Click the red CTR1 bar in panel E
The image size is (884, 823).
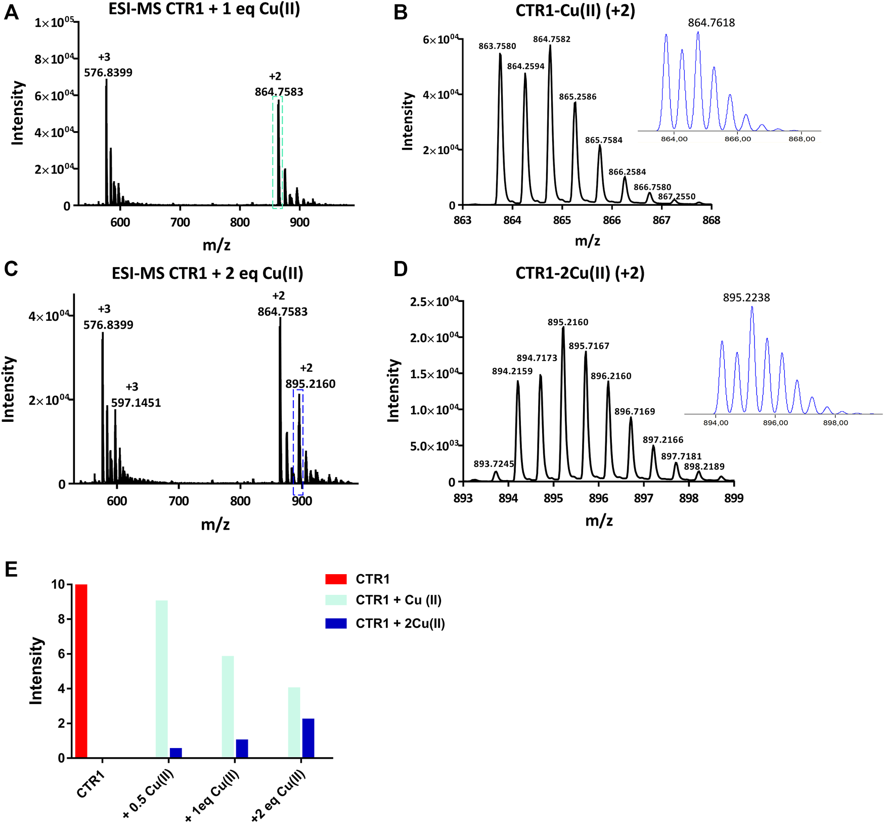click(x=81, y=671)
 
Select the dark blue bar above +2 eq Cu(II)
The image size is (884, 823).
click(x=308, y=738)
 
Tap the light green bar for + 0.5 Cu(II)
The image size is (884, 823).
click(x=162, y=679)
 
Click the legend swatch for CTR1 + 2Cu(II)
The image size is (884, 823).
click(x=336, y=623)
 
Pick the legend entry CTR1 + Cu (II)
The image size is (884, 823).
click(x=398, y=600)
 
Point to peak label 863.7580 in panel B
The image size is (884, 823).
click(x=497, y=46)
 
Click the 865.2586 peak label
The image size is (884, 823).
click(x=578, y=97)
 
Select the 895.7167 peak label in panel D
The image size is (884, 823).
click(x=589, y=346)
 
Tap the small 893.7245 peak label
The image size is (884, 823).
click(x=494, y=464)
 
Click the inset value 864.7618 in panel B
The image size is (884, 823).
click(x=711, y=23)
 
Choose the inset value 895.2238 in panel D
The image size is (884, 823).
click(x=746, y=297)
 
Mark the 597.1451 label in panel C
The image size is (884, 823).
click(x=136, y=403)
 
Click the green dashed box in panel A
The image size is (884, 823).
click(x=278, y=152)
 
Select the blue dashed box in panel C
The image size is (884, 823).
click(x=298, y=442)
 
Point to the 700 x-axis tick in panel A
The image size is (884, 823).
click(x=180, y=223)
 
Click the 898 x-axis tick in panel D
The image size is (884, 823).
click(x=689, y=498)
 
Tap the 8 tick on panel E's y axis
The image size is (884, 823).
click(x=61, y=619)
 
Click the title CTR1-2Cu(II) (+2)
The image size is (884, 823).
click(x=580, y=273)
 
